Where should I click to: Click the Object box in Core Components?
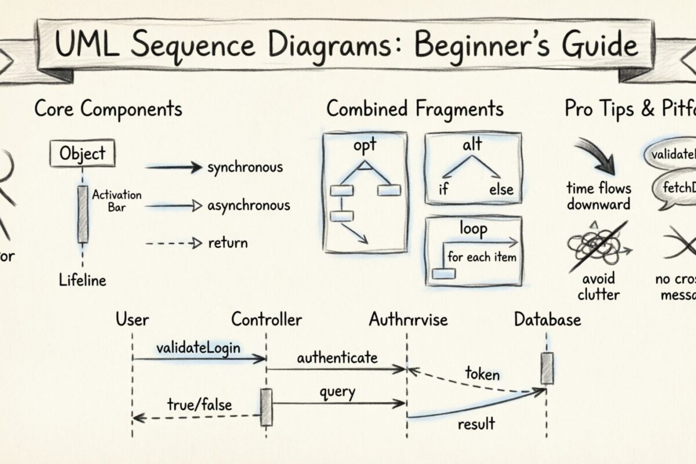(82, 154)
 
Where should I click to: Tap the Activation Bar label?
(117, 201)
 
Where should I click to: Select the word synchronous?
(245, 168)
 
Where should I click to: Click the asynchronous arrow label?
(248, 205)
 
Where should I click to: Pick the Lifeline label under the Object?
(83, 281)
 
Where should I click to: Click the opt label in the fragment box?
(365, 145)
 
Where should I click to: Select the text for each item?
(481, 257)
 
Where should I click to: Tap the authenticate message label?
(337, 357)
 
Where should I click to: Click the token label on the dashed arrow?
(482, 374)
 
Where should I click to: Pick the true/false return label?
(200, 404)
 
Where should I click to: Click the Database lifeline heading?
(547, 320)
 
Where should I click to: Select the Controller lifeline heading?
(266, 320)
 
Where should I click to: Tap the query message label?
(337, 392)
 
